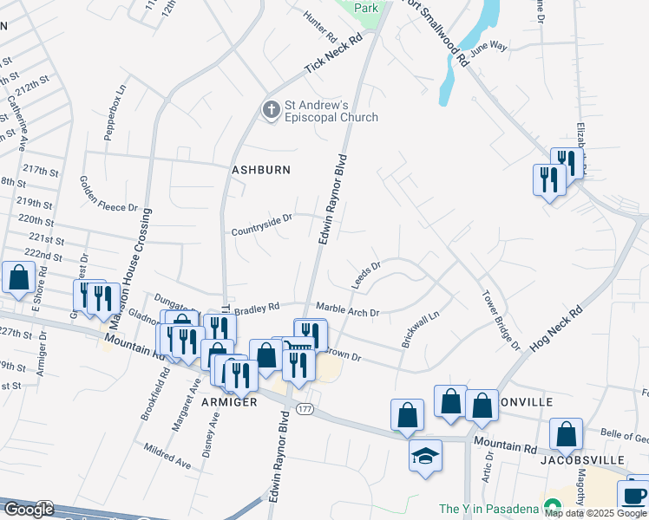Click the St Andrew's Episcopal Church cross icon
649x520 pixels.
point(271,109)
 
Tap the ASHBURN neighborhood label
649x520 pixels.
point(260,170)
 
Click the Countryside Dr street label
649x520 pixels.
point(261,230)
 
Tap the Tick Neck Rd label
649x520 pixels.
point(332,55)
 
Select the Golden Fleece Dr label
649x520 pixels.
point(109,195)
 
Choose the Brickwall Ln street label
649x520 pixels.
point(420,329)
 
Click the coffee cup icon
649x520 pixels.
point(633,496)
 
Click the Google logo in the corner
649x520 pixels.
point(28,510)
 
